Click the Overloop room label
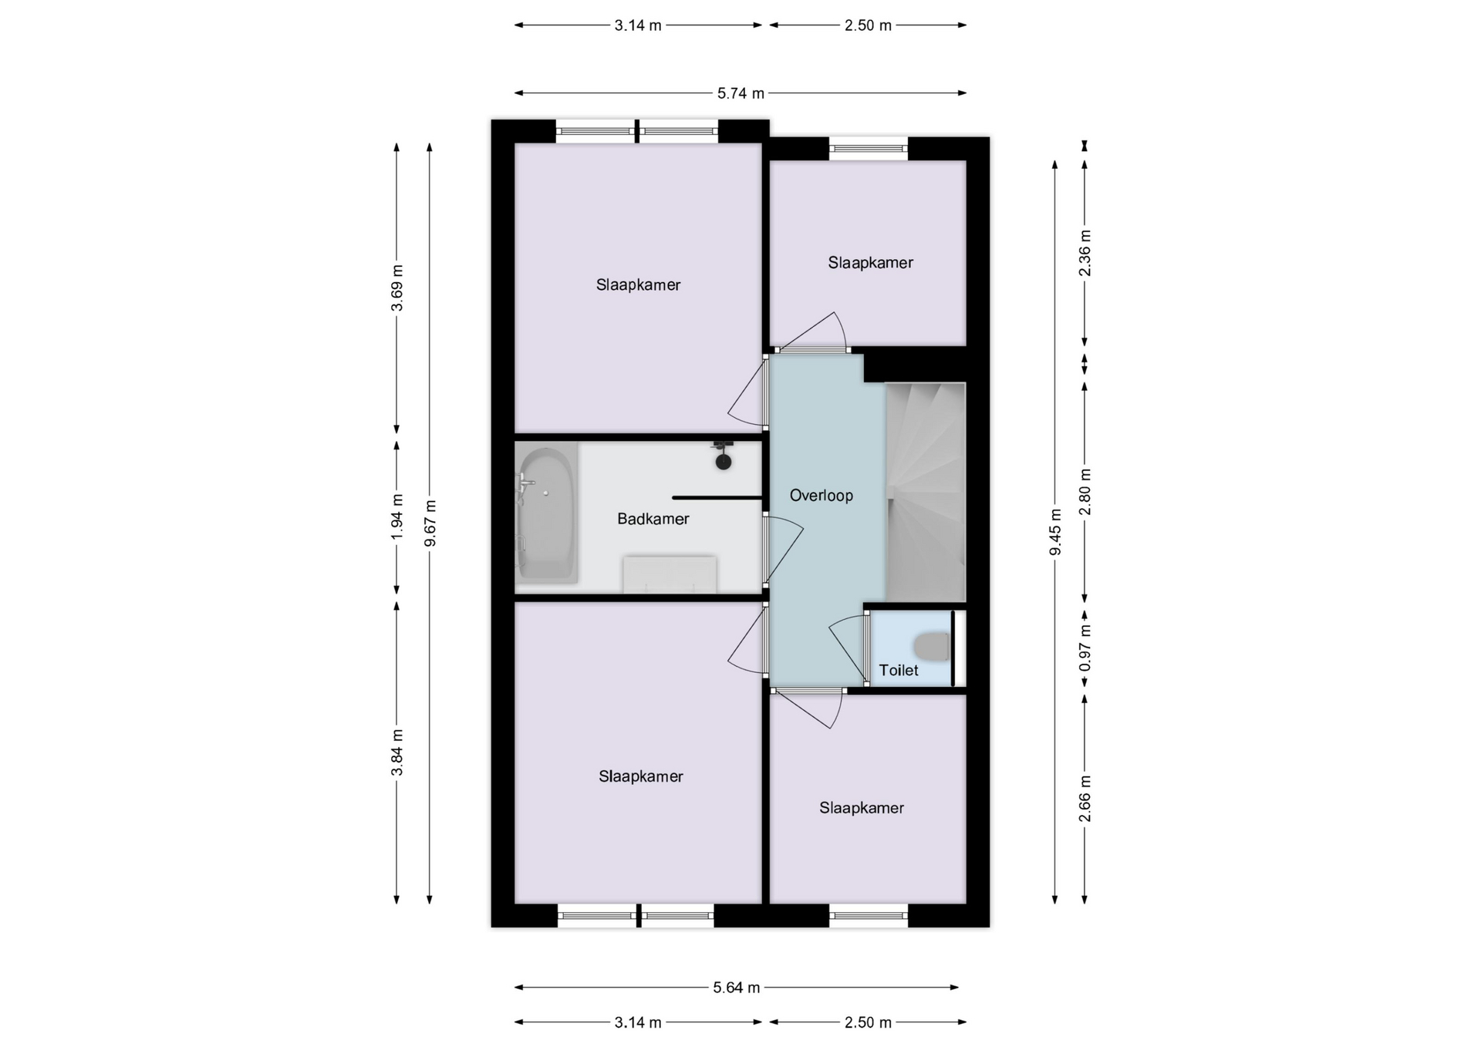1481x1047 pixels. [821, 496]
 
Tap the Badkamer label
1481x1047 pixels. [653, 519]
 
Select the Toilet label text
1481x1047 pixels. [899, 671]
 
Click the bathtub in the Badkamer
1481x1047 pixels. [547, 515]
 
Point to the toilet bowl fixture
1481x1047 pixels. [932, 647]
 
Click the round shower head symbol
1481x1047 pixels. [723, 462]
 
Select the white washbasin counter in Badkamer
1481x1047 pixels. [670, 574]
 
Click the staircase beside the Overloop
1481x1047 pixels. [925, 492]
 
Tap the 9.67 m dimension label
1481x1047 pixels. [430, 523]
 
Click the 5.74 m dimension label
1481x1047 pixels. [740, 93]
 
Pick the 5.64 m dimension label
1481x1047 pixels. [737, 988]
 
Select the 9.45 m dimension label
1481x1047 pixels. [1055, 532]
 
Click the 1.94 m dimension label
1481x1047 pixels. [396, 516]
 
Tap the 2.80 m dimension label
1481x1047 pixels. [1085, 492]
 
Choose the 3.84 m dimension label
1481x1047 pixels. [396, 752]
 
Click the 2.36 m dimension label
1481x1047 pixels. [1085, 253]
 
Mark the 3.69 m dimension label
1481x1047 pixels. [396, 288]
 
